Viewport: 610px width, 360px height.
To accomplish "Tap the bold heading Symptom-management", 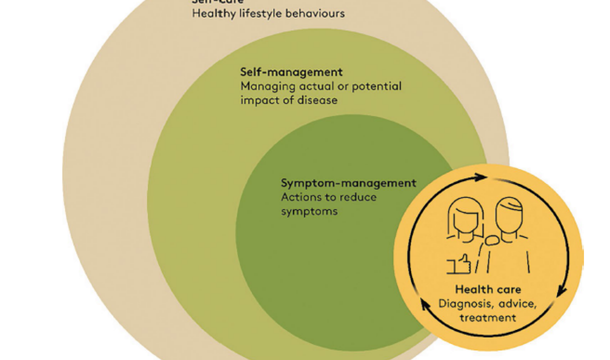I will tap(348, 183).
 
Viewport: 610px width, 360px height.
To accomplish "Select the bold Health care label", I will tap(488, 289).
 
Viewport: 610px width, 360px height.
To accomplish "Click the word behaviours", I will tap(315, 13).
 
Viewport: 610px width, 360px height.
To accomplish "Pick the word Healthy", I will tap(210, 13).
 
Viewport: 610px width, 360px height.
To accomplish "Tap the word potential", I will tap(376, 86).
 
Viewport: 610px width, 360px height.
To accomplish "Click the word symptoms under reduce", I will tap(309, 211).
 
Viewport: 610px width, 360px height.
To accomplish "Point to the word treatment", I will tap(487, 317).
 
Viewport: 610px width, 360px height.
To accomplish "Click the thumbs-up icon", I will tap(458, 264).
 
